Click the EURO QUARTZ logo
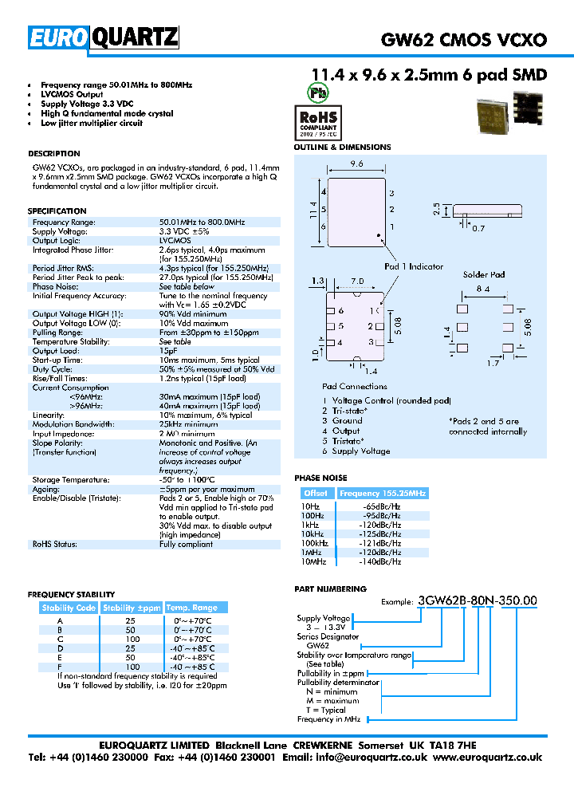[x=104, y=37]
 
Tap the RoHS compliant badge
[x=318, y=121]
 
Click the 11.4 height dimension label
[x=313, y=210]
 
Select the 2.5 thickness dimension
[x=436, y=209]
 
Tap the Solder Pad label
[x=484, y=275]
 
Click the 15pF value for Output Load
[x=168, y=350]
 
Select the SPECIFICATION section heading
[x=57, y=211]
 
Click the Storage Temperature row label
[x=71, y=480]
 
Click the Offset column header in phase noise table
[x=316, y=494]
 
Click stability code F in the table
[x=59, y=667]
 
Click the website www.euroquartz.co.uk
[x=488, y=758]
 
